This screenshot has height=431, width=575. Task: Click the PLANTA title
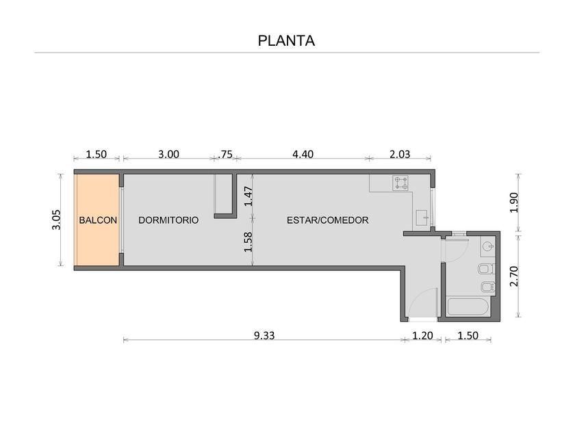point(286,40)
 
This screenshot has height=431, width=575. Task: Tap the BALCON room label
point(98,220)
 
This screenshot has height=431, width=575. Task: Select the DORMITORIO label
point(168,220)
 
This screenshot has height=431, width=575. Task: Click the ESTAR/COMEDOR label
point(327,220)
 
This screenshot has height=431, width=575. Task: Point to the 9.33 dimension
point(264,335)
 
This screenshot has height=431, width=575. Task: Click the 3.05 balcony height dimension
point(56,220)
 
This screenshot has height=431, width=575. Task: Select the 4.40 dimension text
point(303,155)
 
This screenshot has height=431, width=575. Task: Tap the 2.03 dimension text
point(400,155)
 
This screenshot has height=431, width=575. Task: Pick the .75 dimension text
point(225,155)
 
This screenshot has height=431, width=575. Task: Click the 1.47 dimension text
point(248,196)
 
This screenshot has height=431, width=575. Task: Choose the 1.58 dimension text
point(248,242)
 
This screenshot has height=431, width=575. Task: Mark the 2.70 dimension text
point(514,276)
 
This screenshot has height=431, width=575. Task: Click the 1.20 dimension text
point(422,335)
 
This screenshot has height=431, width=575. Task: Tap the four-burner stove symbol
point(400,183)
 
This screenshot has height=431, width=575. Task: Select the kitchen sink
point(422,218)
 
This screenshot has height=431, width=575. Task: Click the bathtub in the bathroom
point(468,306)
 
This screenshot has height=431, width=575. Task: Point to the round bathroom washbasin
point(487,246)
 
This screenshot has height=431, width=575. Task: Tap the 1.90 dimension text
point(514,203)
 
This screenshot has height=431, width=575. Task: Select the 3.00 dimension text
point(168,155)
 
